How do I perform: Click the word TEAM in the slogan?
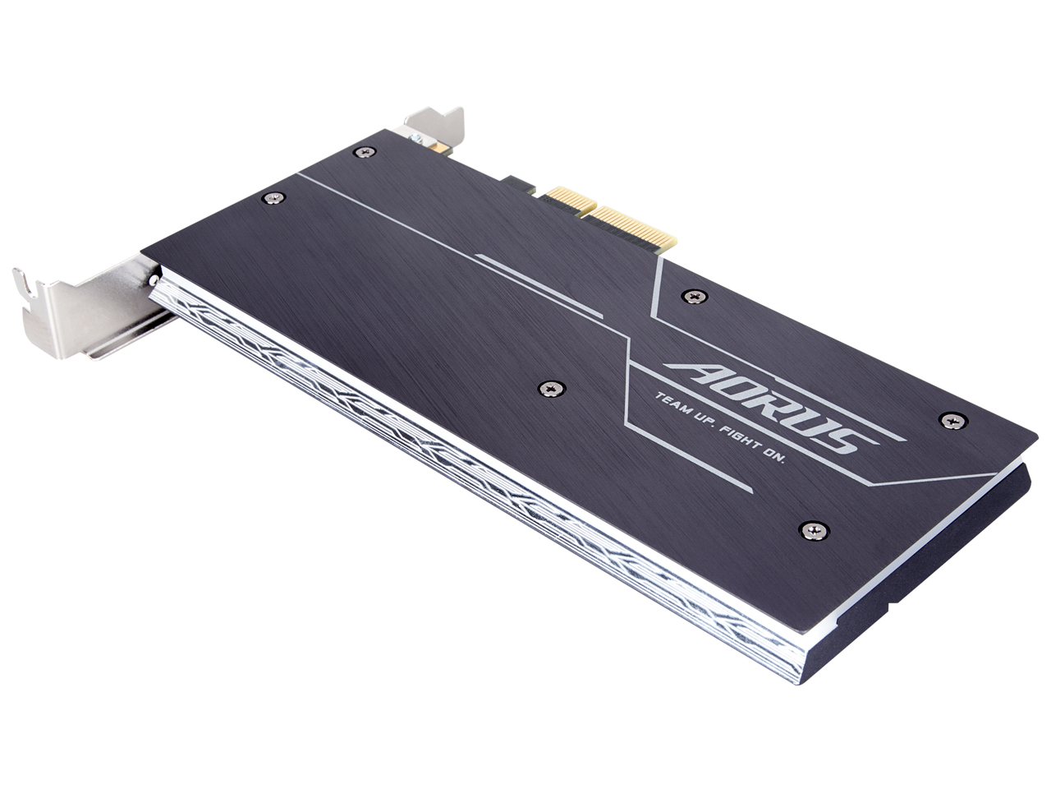click(671, 405)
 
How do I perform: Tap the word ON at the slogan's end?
click(775, 456)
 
